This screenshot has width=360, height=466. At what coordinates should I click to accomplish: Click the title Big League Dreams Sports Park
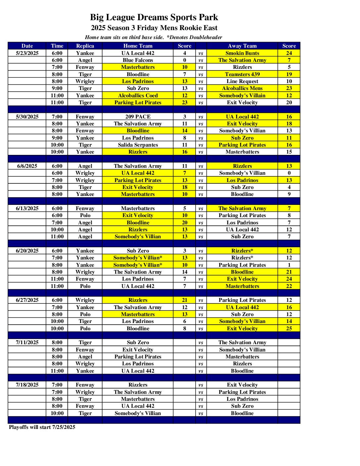click(154, 17)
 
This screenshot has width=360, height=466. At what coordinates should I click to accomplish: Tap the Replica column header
click(85, 46)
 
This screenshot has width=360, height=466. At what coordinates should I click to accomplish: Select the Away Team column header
click(242, 46)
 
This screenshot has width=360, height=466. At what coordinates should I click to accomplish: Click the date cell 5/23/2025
click(27, 53)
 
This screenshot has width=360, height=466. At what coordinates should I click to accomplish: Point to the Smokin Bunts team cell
click(242, 53)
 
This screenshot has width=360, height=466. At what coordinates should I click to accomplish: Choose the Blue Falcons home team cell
click(138, 60)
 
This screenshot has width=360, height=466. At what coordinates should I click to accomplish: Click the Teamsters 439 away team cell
click(242, 74)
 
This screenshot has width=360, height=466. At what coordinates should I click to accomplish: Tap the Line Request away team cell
click(242, 81)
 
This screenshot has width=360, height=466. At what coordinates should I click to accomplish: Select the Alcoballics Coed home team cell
click(138, 95)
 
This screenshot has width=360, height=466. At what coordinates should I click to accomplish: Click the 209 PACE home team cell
click(138, 117)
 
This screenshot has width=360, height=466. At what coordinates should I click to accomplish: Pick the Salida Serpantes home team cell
click(138, 145)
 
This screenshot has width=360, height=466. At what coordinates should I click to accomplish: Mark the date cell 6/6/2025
click(27, 166)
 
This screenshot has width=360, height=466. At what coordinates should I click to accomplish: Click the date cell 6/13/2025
click(27, 208)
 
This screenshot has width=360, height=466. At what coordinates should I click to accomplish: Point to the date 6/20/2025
click(27, 251)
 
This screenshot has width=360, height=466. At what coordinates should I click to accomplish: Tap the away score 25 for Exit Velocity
click(289, 328)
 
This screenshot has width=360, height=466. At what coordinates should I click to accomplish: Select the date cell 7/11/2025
click(27, 342)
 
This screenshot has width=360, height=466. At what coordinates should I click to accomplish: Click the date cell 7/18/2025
click(27, 385)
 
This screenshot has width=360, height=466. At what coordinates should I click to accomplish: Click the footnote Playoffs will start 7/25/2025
click(42, 427)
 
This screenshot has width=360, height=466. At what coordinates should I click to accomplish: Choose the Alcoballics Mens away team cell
click(242, 88)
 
